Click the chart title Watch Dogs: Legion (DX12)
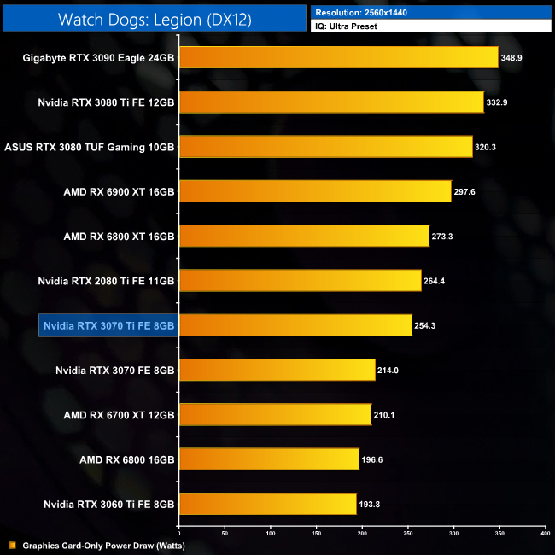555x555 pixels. pyautogui.click(x=155, y=19)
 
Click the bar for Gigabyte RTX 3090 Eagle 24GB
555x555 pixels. pyautogui.click(x=338, y=57)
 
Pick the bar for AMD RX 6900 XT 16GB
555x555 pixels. pyautogui.click(x=315, y=190)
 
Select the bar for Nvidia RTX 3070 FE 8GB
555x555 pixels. pyautogui.click(x=277, y=370)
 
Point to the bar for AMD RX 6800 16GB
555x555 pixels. pyautogui.click(x=269, y=459)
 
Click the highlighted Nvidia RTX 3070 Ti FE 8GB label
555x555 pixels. pyautogui.click(x=108, y=325)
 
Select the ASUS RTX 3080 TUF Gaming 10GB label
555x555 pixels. pyautogui.click(x=90, y=147)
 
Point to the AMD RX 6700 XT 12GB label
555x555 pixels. pyautogui.click(x=119, y=415)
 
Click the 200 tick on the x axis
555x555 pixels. pyautogui.click(x=362, y=533)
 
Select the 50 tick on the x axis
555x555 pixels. pyautogui.click(x=225, y=533)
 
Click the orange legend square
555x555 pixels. pyautogui.click(x=11, y=545)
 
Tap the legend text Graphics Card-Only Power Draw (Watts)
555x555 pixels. pyautogui.click(x=103, y=545)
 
